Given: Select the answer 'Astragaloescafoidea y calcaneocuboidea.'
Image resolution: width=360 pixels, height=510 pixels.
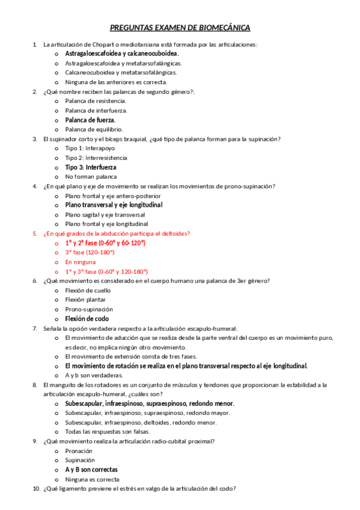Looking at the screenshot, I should pyautogui.click(x=122, y=54).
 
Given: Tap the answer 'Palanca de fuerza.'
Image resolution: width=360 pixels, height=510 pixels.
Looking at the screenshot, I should pyautogui.click(x=90, y=120).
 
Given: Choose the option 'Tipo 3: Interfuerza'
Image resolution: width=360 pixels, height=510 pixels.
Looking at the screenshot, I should pyautogui.click(x=91, y=167).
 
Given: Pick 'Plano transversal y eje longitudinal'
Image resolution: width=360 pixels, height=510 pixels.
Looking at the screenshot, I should pyautogui.click(x=114, y=204).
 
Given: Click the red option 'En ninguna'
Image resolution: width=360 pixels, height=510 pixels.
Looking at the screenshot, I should pyautogui.click(x=81, y=262).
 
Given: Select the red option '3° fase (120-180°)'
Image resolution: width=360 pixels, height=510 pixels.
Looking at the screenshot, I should pyautogui.click(x=91, y=252).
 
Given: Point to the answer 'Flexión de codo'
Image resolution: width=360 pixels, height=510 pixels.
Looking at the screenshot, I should pyautogui.click(x=87, y=319).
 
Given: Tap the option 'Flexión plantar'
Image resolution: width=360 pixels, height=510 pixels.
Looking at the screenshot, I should pyautogui.click(x=85, y=300).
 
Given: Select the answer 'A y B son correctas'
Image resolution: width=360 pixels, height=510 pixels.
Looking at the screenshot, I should pyautogui.click(x=91, y=469).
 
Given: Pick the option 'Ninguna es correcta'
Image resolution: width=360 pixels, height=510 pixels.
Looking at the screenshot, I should pyautogui.click(x=92, y=479).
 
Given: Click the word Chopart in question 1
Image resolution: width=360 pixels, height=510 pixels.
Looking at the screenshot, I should pyautogui.click(x=96, y=45).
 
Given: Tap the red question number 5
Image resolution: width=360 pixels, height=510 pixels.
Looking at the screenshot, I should pyautogui.click(x=34, y=233).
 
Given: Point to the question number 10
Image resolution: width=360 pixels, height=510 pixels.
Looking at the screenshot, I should pyautogui.click(x=35, y=488).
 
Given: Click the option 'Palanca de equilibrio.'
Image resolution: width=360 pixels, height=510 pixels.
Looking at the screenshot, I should pyautogui.click(x=94, y=129).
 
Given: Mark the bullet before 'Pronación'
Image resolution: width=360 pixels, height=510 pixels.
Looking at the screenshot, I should pyautogui.click(x=56, y=450).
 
